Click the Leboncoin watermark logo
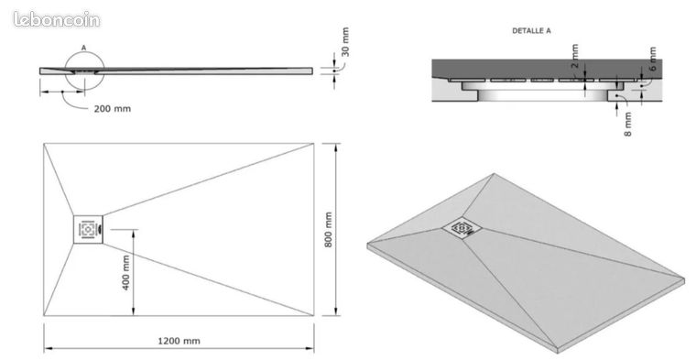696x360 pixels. pyautogui.click(x=57, y=19)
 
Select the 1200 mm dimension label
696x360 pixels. pyautogui.click(x=179, y=341)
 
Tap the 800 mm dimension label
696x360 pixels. pyautogui.click(x=328, y=230)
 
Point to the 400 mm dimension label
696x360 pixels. pyautogui.click(x=125, y=273)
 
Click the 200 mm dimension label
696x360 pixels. pyautogui.click(x=113, y=109)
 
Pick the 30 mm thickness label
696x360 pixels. pyautogui.click(x=345, y=42)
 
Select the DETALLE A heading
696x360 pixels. pyautogui.click(x=531, y=30)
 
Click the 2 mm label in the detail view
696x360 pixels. pyautogui.click(x=575, y=56)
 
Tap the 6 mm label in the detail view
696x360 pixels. pyautogui.click(x=652, y=59)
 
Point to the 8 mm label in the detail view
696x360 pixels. pyautogui.click(x=627, y=124)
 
